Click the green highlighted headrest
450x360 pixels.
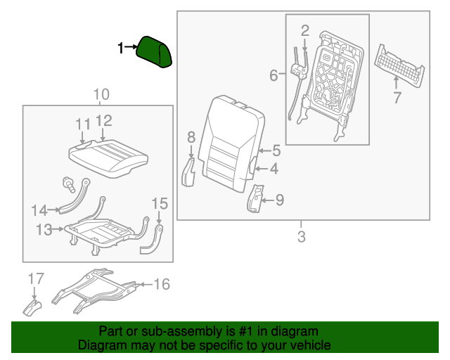click(155, 51)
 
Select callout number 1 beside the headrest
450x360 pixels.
click(121, 48)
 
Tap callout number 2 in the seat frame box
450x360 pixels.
click(304, 30)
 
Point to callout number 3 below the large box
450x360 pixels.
click(302, 237)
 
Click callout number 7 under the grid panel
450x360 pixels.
click(397, 98)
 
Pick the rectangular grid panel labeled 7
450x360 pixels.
click(399, 67)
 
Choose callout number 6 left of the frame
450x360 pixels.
click(274, 75)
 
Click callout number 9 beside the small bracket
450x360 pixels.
click(279, 201)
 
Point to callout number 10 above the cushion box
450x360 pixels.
click(101, 94)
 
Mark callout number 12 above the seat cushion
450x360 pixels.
click(103, 121)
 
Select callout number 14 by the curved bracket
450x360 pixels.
click(39, 210)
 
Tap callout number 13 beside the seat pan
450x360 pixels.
click(45, 229)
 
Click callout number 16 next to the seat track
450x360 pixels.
click(162, 284)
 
